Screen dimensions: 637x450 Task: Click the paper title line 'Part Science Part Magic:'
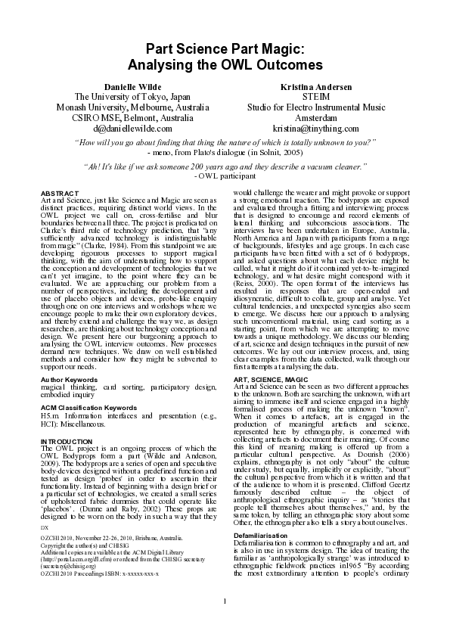point(225,49)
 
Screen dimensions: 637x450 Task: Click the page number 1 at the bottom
point(225,622)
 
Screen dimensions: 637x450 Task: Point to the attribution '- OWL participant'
point(225,175)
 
